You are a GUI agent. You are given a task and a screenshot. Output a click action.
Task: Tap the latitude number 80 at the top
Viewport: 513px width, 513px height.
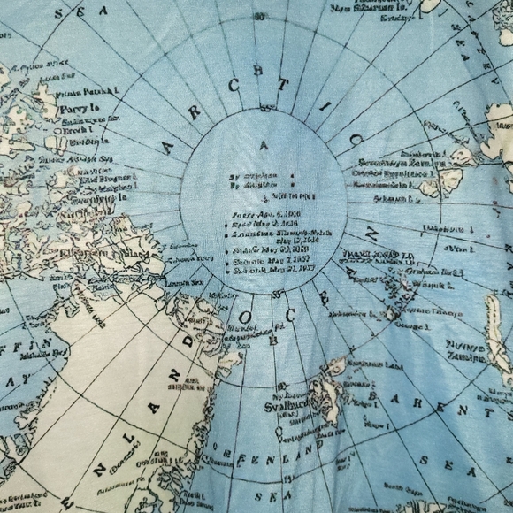[258, 17]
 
